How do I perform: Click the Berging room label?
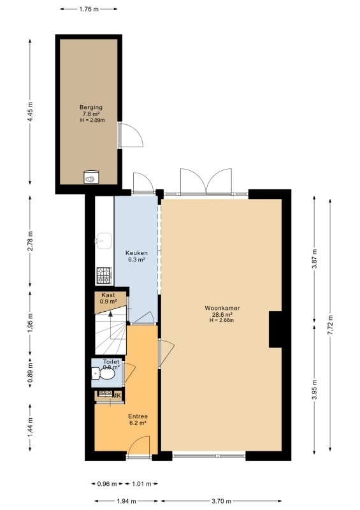pyautogui.click(x=91, y=107)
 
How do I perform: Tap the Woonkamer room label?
pyautogui.click(x=222, y=308)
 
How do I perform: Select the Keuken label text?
pyautogui.click(x=136, y=252)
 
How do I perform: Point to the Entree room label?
pyautogui.click(x=138, y=416)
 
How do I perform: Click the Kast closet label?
pyautogui.click(x=108, y=295)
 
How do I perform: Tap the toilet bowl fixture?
pyautogui.click(x=103, y=374)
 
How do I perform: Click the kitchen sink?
pyautogui.click(x=103, y=241)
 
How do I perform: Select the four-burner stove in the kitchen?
pyautogui.click(x=104, y=275)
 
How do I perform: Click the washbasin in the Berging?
pyautogui.click(x=91, y=177)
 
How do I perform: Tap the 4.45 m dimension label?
pyautogui.click(x=30, y=112)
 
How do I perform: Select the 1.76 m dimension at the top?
pyautogui.click(x=89, y=9)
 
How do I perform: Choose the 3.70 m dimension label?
pyautogui.click(x=221, y=501)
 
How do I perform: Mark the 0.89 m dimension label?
pyautogui.click(x=30, y=372)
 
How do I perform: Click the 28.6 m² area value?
pyautogui.click(x=222, y=314)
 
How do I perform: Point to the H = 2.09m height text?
pyautogui.click(x=92, y=120)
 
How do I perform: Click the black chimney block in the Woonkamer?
pyautogui.click(x=275, y=330)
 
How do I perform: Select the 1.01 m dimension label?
pyautogui.click(x=141, y=484)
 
